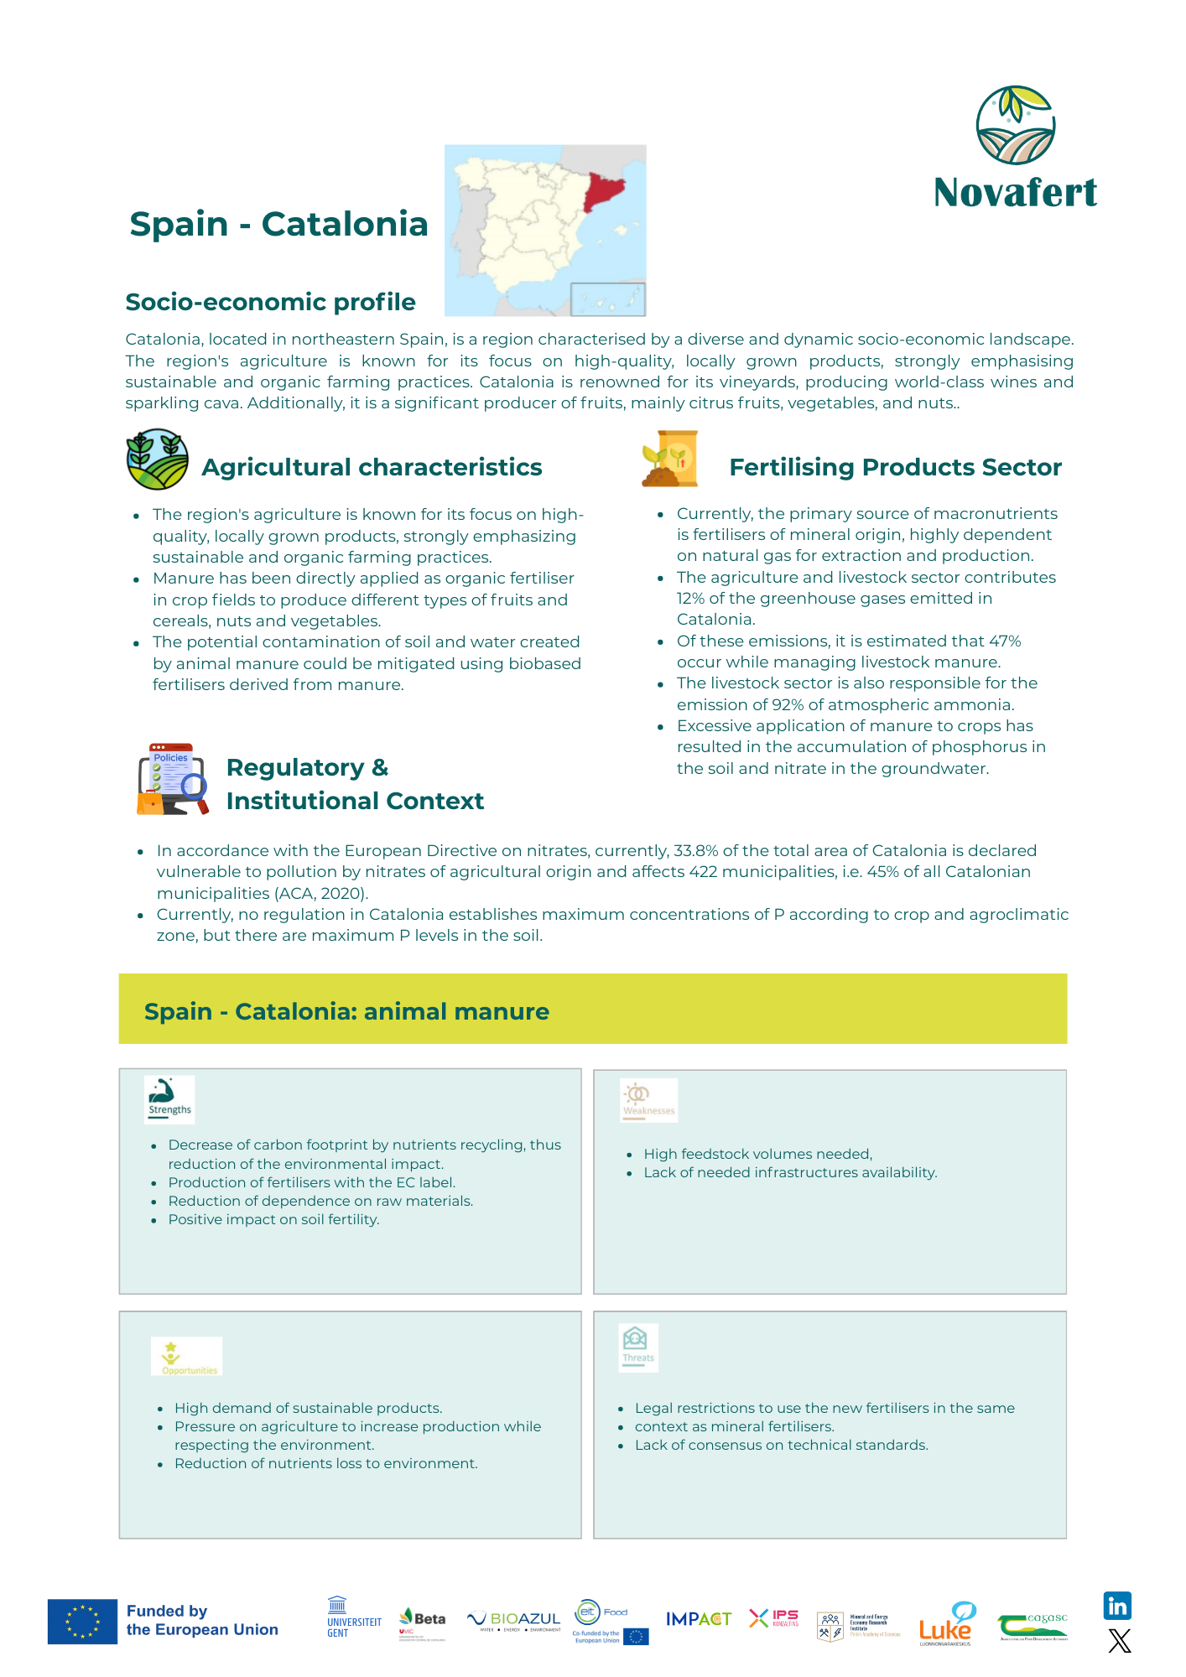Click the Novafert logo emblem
[1015, 125]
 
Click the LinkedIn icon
[1117, 1606]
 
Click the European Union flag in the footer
[82, 1621]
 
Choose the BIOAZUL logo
[514, 1621]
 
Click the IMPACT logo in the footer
[698, 1619]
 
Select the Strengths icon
[169, 1099]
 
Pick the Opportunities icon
[187, 1356]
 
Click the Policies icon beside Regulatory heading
[172, 779]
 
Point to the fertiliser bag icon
[670, 459]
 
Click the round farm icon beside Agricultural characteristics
[157, 459]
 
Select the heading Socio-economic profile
[270, 302]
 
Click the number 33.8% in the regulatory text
[695, 851]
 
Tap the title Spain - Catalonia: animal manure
[346, 1011]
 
